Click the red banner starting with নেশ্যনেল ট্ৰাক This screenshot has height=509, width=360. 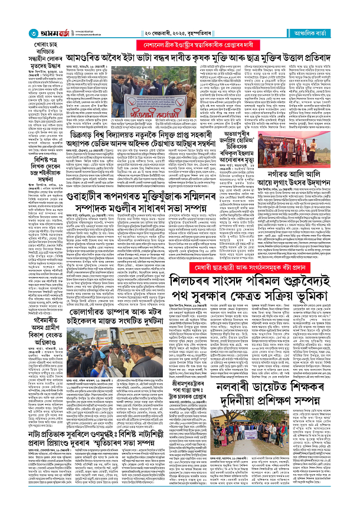click(223, 45)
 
